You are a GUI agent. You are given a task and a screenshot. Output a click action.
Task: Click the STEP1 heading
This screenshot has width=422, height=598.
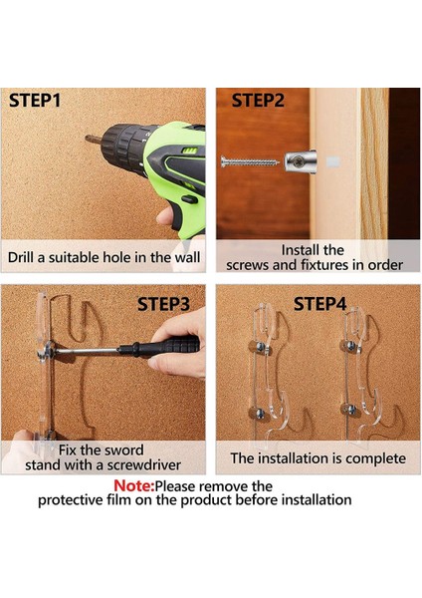pyautogui.click(x=35, y=101)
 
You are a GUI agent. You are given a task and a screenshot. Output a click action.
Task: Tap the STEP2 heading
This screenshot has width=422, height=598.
pyautogui.click(x=258, y=101)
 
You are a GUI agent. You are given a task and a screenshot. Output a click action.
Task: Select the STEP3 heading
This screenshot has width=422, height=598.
pyautogui.click(x=163, y=304)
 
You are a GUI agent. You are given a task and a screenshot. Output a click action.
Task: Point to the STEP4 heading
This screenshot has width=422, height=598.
pyautogui.click(x=319, y=304)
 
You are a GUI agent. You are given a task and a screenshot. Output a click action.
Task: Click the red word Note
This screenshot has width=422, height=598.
pyautogui.click(x=133, y=486)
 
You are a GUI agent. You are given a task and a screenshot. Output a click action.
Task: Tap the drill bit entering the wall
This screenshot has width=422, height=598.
pyautogui.click(x=94, y=140)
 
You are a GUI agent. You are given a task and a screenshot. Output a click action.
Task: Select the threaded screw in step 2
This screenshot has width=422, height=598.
pyautogui.click(x=250, y=162)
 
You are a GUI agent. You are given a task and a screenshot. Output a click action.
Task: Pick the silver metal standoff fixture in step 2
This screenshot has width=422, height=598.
pyautogui.click(x=301, y=161)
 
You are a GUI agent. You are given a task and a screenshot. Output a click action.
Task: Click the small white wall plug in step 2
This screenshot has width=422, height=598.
pyautogui.click(x=332, y=161)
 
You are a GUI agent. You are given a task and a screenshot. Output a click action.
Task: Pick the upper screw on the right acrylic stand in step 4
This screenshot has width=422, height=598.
pyautogui.click(x=352, y=346)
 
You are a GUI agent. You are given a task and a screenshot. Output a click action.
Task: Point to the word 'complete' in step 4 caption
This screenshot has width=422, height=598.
pyautogui.click(x=375, y=458)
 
